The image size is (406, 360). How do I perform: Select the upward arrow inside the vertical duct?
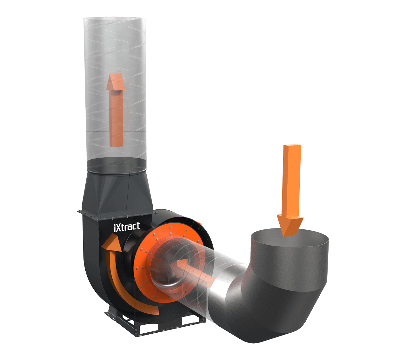tap(115, 111)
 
